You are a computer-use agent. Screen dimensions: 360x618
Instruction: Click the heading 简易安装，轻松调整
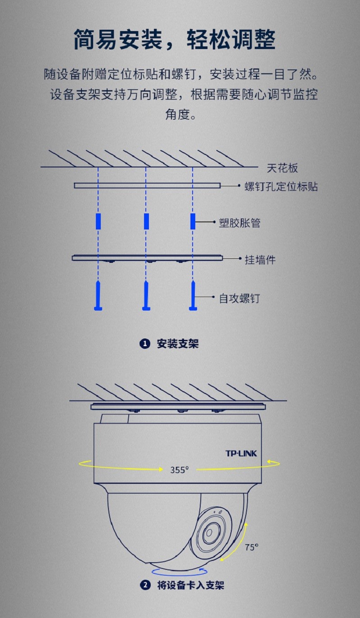[175, 40]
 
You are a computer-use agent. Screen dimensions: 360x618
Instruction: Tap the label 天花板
[282, 168]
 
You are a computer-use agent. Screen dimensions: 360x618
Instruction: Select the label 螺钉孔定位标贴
[281, 187]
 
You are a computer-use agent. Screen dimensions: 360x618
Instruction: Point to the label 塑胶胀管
[239, 223]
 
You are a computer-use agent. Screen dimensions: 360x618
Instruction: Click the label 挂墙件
[260, 260]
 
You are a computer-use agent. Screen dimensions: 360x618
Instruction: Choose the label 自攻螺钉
[239, 298]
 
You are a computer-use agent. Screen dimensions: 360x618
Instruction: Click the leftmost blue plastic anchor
[98, 221]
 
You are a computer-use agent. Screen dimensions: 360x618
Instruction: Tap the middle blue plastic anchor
[146, 221]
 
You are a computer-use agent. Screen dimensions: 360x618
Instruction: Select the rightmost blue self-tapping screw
[193, 295]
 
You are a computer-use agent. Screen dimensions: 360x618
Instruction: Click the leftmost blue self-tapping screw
[98, 295]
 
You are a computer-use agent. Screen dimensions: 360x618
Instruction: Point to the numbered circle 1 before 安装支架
[145, 344]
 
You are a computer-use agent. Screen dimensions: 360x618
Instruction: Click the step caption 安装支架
[178, 344]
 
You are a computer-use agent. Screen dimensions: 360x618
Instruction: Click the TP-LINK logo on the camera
[241, 453]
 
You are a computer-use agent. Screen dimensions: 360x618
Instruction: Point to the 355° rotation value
[179, 469]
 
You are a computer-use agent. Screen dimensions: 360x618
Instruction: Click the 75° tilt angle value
[252, 547]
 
